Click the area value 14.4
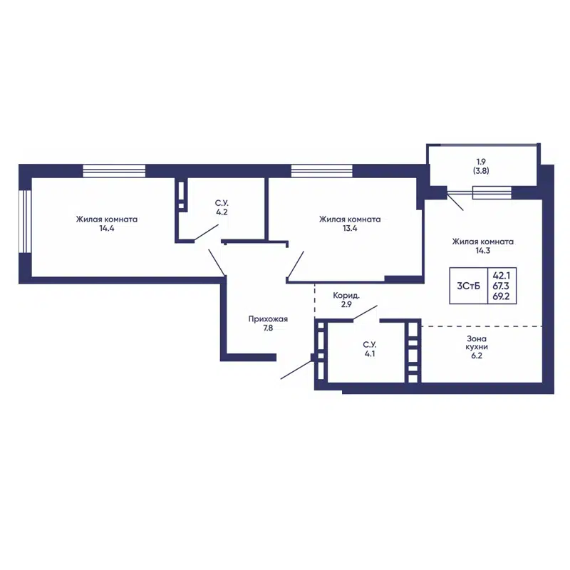pos(106,229)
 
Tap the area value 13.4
pos(350,229)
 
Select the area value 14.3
pos(483,251)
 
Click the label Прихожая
pos(268,319)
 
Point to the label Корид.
pos(346,296)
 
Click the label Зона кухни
pos(477,343)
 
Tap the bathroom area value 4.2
pos(222,212)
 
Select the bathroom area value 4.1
pos(370,353)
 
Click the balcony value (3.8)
pos(481,170)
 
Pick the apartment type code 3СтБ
pos(469,286)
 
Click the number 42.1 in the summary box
pos(502,276)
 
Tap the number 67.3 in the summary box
pos(502,286)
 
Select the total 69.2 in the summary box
pos(502,296)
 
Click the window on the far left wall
pos(25,221)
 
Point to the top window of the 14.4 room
pos(114,171)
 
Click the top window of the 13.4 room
pos(322,171)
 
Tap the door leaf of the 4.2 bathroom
pos(206,233)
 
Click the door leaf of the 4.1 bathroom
pos(365,313)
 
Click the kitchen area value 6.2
pos(477,356)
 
